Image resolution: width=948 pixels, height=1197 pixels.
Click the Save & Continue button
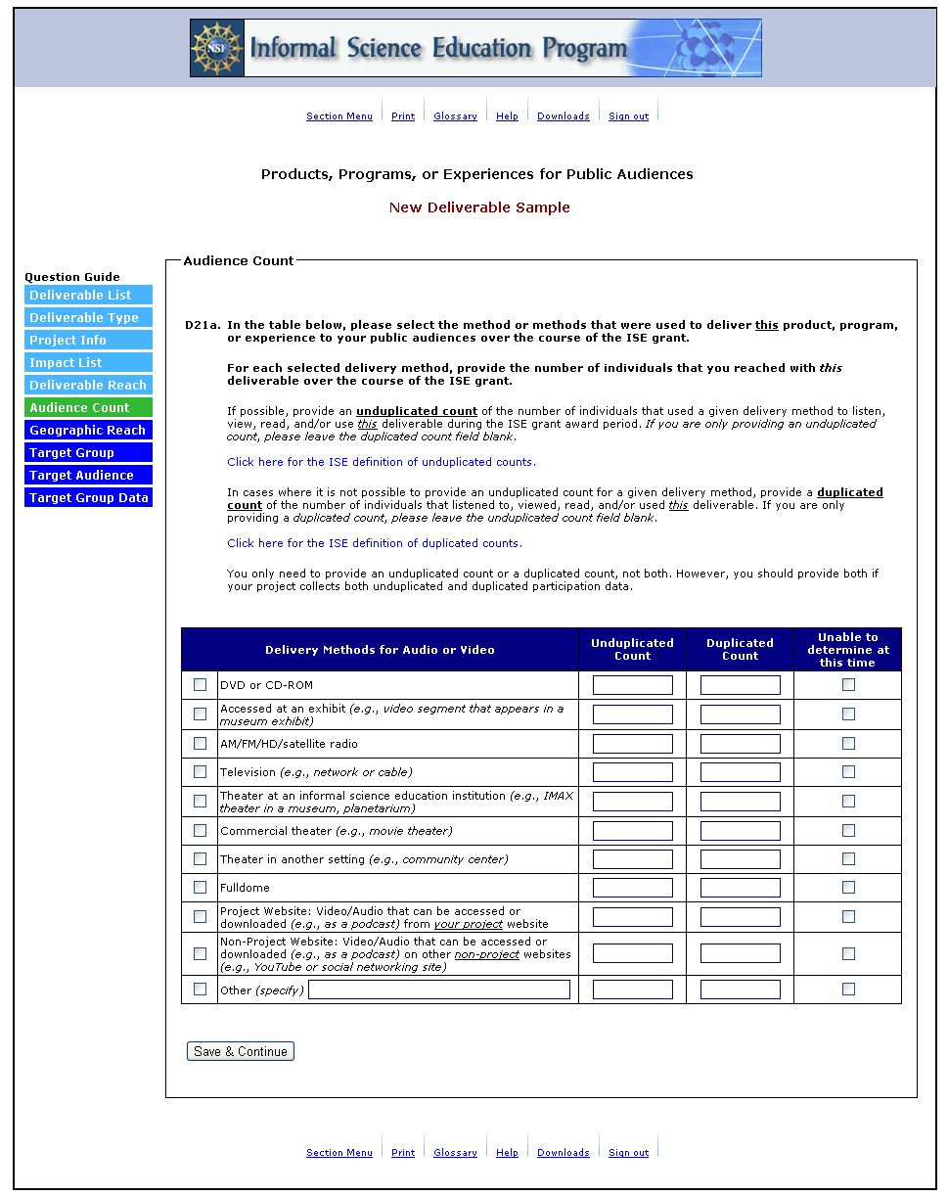click(240, 1051)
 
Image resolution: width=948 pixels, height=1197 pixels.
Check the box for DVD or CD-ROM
click(201, 685)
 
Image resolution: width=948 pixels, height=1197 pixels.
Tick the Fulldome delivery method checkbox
click(201, 888)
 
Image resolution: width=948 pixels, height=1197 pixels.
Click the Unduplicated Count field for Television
click(633, 772)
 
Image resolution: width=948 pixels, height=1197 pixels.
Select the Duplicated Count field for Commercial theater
click(741, 831)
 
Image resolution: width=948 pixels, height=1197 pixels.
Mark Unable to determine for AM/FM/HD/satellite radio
click(848, 743)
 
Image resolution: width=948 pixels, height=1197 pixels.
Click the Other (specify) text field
click(439, 990)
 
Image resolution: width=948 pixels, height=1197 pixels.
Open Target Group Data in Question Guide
click(88, 498)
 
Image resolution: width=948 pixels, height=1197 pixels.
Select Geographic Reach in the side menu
click(88, 431)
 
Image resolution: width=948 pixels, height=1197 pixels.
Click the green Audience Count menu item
click(88, 408)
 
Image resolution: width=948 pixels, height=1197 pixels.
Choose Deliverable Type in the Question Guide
click(88, 318)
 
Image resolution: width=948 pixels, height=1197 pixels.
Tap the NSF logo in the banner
click(216, 48)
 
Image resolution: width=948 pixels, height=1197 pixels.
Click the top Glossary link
click(455, 116)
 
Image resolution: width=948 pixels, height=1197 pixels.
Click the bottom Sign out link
click(628, 1153)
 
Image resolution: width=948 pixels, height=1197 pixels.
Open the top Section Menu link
click(339, 116)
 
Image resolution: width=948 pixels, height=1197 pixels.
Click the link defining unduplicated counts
click(382, 462)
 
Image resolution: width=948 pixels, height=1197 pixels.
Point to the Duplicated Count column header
click(740, 649)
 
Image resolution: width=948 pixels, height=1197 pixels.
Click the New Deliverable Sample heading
click(479, 207)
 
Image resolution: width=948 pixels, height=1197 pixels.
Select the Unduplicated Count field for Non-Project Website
click(633, 953)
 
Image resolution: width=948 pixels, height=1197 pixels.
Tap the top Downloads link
click(563, 116)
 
